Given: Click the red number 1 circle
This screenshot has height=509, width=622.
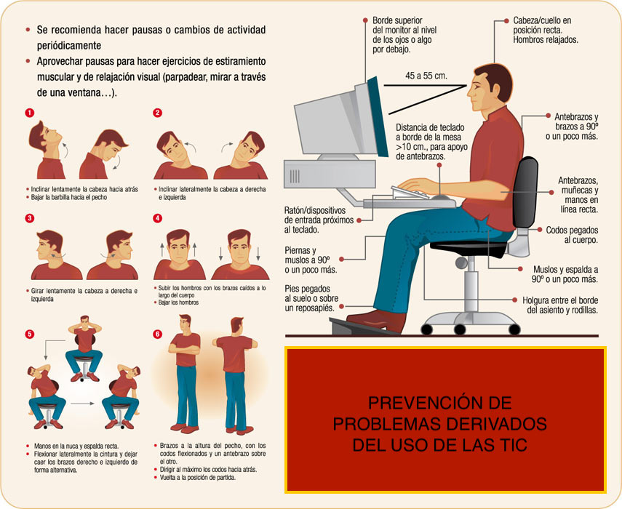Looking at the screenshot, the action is tap(29, 113).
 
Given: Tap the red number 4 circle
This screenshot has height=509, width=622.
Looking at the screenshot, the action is tap(157, 218).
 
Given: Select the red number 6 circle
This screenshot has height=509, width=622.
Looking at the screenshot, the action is tap(157, 334).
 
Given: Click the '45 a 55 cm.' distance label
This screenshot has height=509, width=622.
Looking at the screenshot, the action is tap(426, 76).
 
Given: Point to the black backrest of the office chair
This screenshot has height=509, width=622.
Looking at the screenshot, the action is tap(525, 192).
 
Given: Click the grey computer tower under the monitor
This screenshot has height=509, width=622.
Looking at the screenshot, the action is tap(330, 174).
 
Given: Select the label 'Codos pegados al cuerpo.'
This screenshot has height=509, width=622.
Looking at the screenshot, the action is tap(572, 235).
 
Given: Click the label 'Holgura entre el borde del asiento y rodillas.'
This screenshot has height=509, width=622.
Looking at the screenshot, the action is tap(560, 305).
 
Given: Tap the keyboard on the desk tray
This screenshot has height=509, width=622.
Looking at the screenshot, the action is tap(411, 193).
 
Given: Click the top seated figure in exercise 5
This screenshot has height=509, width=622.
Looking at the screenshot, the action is tap(84, 349).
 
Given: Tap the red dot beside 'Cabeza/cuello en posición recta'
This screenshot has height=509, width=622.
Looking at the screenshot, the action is tap(506, 20).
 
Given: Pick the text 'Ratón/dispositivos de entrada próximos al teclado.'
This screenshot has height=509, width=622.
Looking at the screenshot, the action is tap(319, 220).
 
